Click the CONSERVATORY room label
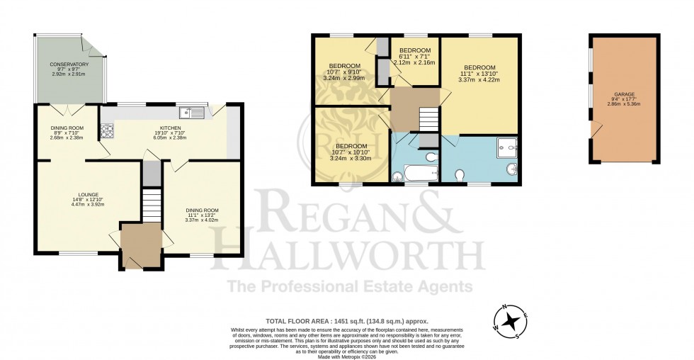69,64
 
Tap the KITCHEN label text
170,128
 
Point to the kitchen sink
192,111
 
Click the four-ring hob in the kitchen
108,130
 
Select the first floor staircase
426,119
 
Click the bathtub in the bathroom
405,173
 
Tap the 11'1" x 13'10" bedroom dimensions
479,74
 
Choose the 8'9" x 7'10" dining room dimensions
67,133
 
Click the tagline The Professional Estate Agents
349,286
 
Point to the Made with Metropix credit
346,356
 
